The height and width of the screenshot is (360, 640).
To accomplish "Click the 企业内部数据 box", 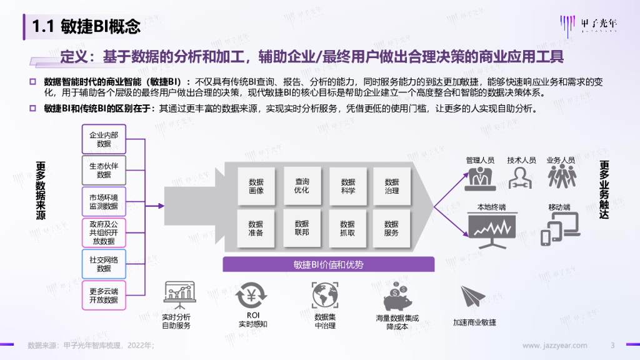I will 104,139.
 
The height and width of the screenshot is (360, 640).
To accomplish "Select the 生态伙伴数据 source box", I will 104,170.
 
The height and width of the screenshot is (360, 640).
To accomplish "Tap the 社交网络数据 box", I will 104,264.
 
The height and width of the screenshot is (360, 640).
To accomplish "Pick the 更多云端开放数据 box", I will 104,295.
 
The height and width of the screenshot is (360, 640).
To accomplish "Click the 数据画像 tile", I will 256,186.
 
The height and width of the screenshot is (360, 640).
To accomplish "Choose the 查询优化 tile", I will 302,186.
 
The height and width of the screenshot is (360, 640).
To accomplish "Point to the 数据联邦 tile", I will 302,227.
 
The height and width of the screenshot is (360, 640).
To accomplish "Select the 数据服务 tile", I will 392,227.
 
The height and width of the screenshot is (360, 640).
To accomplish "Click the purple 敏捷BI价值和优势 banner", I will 328,264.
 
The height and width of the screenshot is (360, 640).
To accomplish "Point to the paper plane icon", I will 474,297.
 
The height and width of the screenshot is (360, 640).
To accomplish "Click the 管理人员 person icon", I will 480,177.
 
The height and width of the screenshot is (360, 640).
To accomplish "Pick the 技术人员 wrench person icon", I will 521,177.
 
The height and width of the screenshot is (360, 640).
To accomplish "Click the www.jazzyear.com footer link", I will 554,345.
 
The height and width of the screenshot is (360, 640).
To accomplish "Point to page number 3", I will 612,345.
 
